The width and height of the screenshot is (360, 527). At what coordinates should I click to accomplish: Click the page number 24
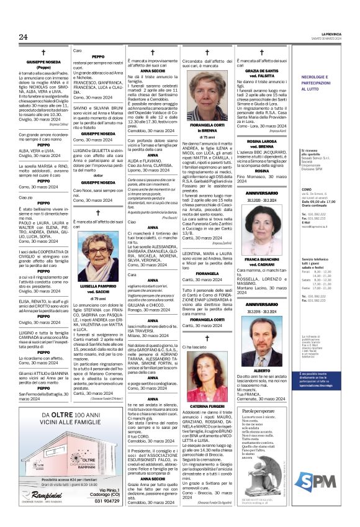(x=24, y=37)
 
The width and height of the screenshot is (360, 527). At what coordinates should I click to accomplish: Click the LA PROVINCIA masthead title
(x=338, y=33)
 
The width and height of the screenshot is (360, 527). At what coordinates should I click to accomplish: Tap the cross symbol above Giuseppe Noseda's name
(x=43, y=53)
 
